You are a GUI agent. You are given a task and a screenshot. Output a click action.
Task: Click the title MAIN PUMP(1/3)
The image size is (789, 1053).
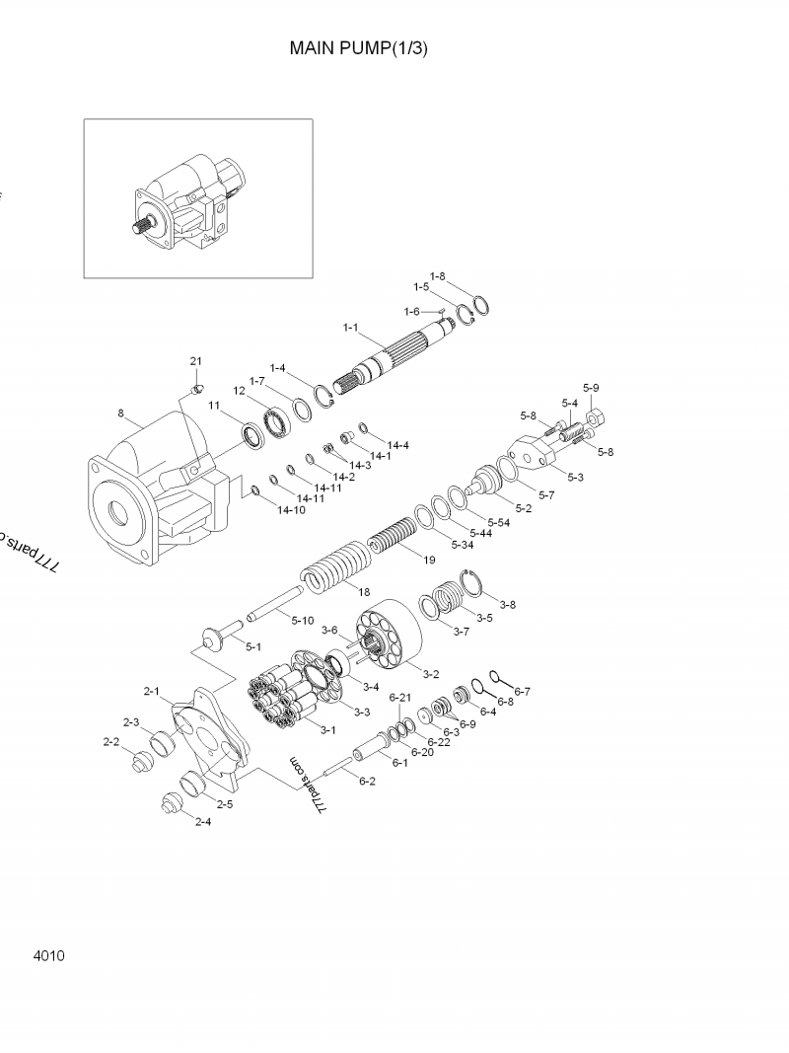tap(358, 47)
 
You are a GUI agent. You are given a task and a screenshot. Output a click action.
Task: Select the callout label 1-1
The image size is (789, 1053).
tap(350, 327)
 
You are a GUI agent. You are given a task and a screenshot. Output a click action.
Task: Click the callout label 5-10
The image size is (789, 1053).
tap(303, 620)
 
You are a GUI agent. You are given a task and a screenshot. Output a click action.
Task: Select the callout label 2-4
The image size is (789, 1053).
tap(202, 822)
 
